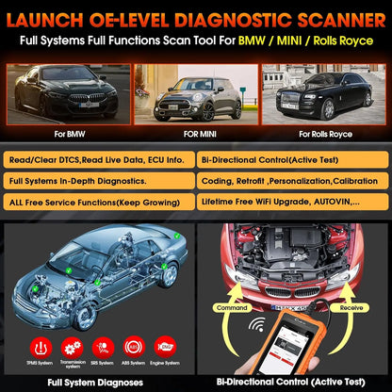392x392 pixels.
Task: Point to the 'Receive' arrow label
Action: point(352,306)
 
